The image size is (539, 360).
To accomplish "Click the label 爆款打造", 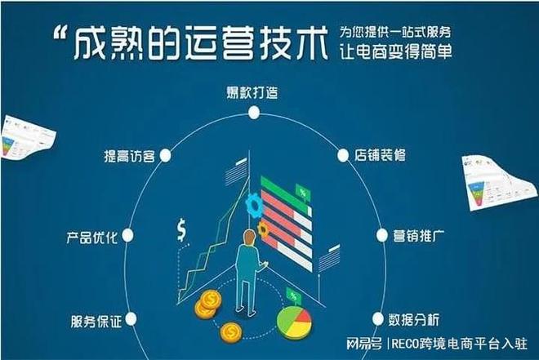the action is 252,93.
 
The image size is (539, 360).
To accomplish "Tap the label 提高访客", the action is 130,156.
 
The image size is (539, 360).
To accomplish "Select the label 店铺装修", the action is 381,155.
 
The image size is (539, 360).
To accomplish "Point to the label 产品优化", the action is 91,237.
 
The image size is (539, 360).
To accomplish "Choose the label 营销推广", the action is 419,236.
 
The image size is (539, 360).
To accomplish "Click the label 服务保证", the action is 96,322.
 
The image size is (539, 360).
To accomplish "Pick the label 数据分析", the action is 414,320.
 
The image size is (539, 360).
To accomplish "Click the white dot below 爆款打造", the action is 254,113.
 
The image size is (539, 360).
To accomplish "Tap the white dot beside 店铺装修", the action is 343,156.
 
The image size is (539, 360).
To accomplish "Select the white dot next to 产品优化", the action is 128,235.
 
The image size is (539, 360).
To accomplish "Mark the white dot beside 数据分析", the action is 377,319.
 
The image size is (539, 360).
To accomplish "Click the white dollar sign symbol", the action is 181,230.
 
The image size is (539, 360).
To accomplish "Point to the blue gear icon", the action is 254,205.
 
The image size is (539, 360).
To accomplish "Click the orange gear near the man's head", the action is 263,230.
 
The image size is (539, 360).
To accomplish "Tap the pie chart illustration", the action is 294,322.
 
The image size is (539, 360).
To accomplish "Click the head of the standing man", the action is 249,238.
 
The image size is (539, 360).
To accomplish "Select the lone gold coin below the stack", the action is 230,332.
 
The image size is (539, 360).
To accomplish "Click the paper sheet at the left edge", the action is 28,137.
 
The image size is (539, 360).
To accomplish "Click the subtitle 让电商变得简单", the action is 395,52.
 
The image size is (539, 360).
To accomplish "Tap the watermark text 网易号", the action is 363,343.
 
